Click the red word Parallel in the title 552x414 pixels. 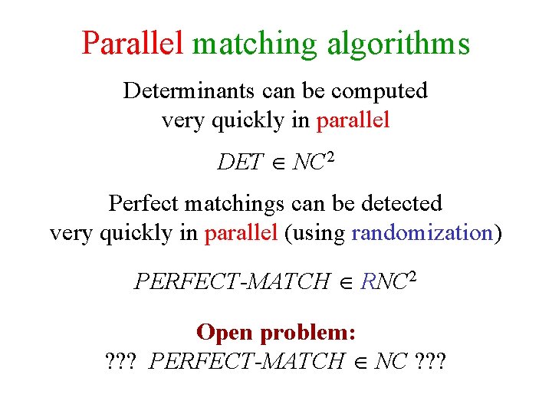coord(133,43)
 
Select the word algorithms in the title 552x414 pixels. coord(399,44)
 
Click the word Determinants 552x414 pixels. coord(189,90)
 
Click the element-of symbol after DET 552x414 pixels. coord(278,163)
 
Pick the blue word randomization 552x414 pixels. coord(421,233)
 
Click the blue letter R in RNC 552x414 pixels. coord(367,281)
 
